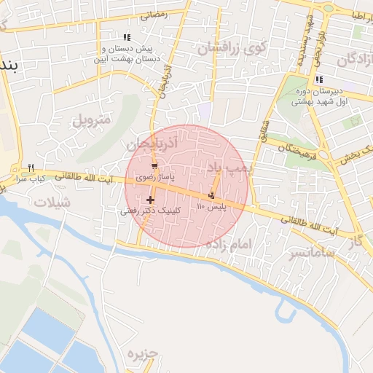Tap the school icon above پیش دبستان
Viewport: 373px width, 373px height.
(127, 37)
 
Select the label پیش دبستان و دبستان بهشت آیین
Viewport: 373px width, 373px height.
(126, 53)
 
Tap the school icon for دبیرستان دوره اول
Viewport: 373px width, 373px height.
(318, 80)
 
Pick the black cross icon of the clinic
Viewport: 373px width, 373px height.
(151, 200)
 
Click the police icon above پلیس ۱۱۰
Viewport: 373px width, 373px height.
(211, 195)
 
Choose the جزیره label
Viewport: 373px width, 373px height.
(143, 355)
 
